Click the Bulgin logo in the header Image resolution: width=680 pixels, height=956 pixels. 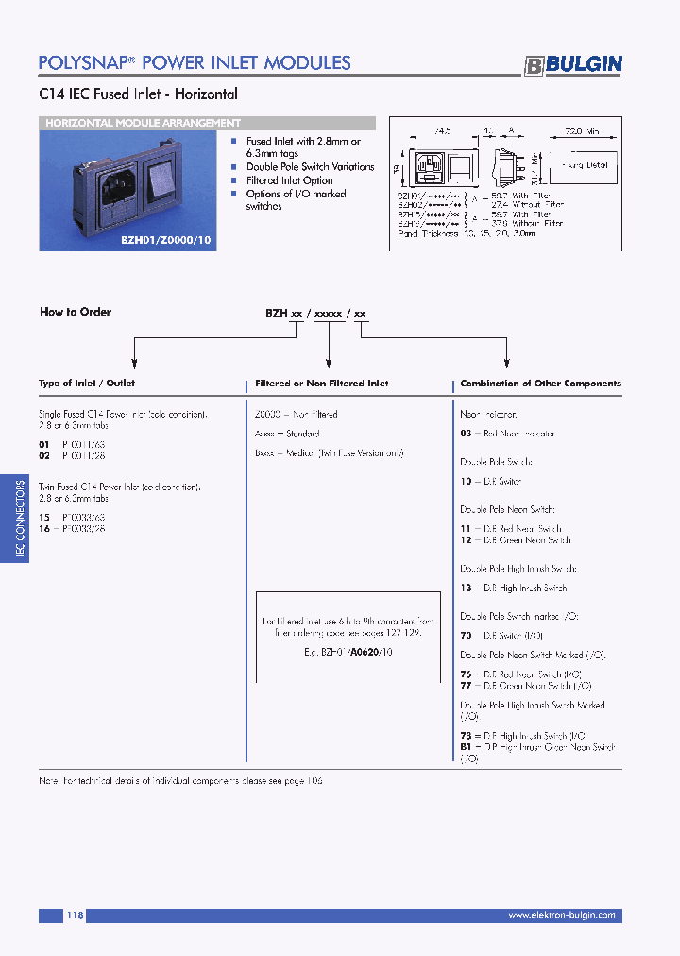click(x=573, y=64)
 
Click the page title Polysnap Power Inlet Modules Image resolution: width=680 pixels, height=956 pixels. click(x=195, y=62)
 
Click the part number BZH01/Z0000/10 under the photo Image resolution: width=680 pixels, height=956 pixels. click(x=167, y=241)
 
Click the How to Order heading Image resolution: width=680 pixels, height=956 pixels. click(x=76, y=312)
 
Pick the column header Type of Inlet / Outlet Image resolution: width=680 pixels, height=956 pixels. click(x=87, y=384)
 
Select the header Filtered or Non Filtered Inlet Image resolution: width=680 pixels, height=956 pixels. click(x=322, y=384)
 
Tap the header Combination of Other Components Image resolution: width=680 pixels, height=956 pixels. click(x=540, y=384)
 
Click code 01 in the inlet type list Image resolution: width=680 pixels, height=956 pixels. click(x=43, y=443)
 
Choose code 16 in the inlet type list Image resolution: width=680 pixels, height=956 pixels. click(x=43, y=529)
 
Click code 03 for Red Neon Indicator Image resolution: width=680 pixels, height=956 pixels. click(x=466, y=434)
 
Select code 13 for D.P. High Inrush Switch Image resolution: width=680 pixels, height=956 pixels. click(x=466, y=588)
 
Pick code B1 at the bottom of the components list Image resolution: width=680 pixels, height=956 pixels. click(x=466, y=746)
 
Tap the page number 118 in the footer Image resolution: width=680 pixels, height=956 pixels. click(x=76, y=915)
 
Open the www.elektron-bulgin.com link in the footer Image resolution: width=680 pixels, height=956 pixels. click(x=561, y=915)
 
